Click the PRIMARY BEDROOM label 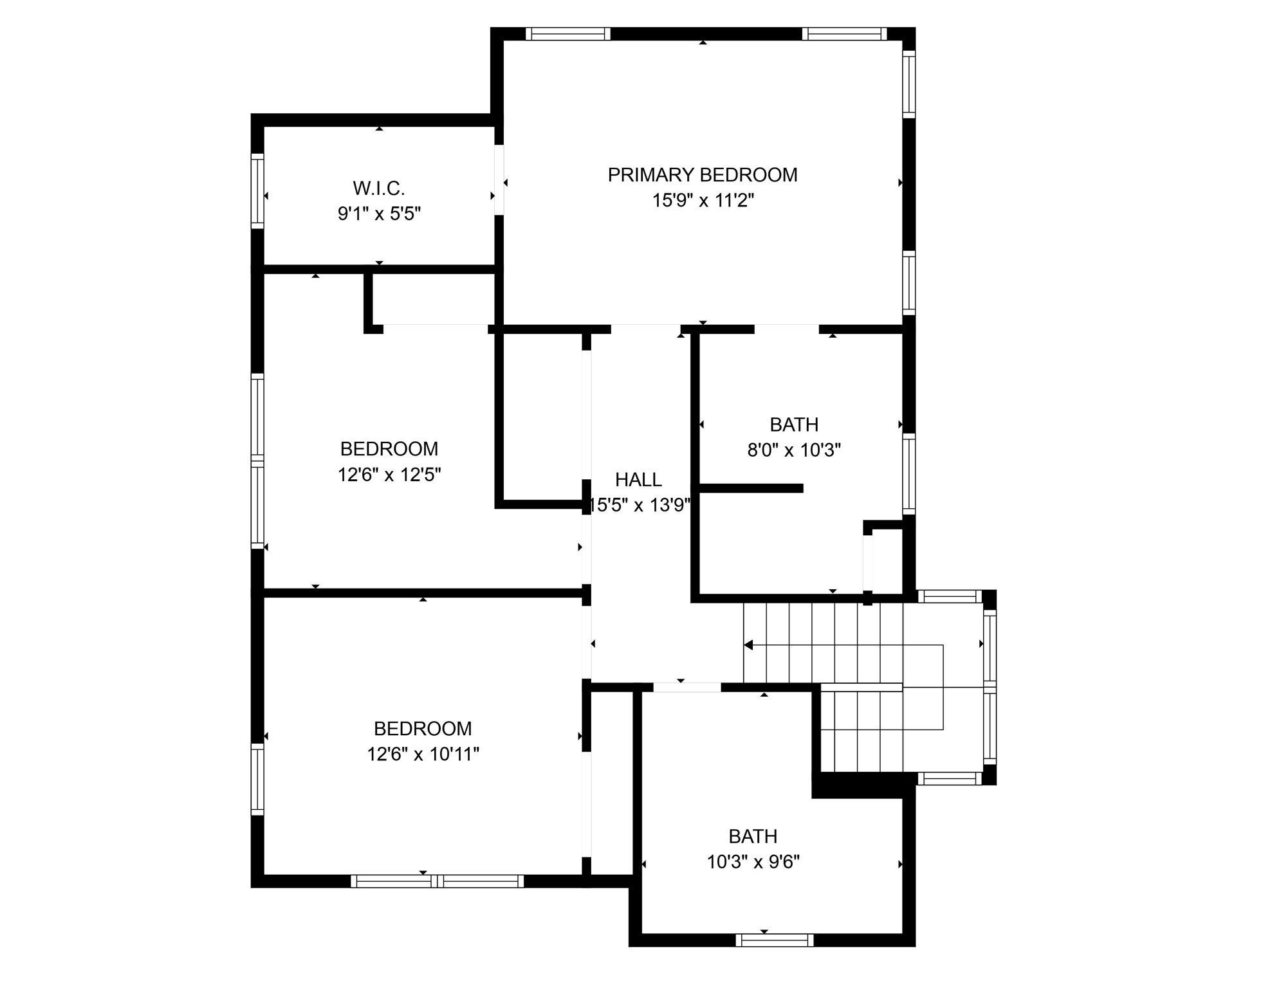point(702,175)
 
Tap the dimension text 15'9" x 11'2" point(702,201)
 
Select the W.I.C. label point(378,188)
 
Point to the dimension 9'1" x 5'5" point(378,214)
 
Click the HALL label point(638,479)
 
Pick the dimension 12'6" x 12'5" point(389,475)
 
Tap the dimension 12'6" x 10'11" point(423,754)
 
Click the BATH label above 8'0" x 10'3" point(793,425)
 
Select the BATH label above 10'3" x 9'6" point(752,836)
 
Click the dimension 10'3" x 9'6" point(752,862)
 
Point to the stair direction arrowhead point(748,645)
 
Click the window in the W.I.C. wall point(257,190)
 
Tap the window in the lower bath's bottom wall point(774,940)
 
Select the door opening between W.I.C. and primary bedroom point(499,180)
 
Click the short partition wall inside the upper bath point(751,488)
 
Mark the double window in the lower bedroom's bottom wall point(437,881)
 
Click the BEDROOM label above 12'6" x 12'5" point(389,448)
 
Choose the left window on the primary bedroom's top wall point(567,34)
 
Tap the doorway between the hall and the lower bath point(687,688)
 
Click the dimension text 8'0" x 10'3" point(793,450)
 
